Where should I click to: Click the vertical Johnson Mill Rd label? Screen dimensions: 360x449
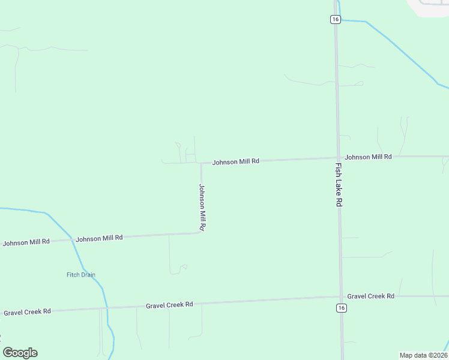pyautogui.click(x=202, y=208)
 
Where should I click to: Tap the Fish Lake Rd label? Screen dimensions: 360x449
pyautogui.click(x=339, y=185)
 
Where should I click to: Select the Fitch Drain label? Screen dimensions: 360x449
pyautogui.click(x=81, y=275)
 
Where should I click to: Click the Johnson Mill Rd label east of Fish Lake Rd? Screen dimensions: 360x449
pyautogui.click(x=368, y=157)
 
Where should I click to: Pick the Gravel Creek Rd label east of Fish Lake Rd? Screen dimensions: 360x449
pyautogui.click(x=370, y=296)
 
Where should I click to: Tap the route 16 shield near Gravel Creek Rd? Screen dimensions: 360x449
pyautogui.click(x=342, y=308)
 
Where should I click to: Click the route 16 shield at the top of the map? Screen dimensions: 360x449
pyautogui.click(x=336, y=19)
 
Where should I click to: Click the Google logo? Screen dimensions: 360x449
pyautogui.click(x=20, y=353)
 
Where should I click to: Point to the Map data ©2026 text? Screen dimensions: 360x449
pyautogui.click(x=424, y=355)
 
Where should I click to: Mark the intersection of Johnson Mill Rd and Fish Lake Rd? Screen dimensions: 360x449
pyautogui.click(x=338, y=158)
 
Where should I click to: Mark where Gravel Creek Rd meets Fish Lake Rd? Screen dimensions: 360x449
pyautogui.click(x=341, y=296)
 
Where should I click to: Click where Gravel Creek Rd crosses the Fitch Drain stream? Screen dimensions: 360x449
pyautogui.click(x=106, y=307)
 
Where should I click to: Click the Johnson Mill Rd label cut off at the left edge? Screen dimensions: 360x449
pyautogui.click(x=26, y=242)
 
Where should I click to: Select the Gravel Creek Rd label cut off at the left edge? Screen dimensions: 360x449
pyautogui.click(x=27, y=312)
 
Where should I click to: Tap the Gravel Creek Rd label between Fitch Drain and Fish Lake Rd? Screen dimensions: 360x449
pyautogui.click(x=169, y=305)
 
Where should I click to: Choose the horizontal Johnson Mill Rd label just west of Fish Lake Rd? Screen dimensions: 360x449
pyautogui.click(x=236, y=161)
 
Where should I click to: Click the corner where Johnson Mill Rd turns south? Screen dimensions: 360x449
pyautogui.click(x=201, y=163)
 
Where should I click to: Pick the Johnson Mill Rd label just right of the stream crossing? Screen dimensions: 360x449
pyautogui.click(x=99, y=238)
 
